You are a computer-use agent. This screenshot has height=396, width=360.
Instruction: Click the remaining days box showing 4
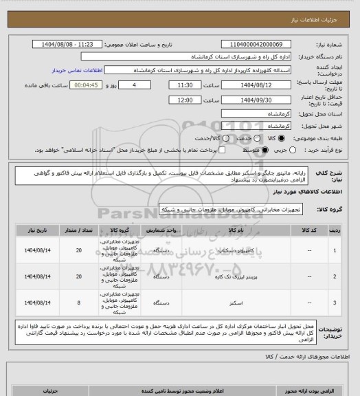[x=144, y=85]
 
